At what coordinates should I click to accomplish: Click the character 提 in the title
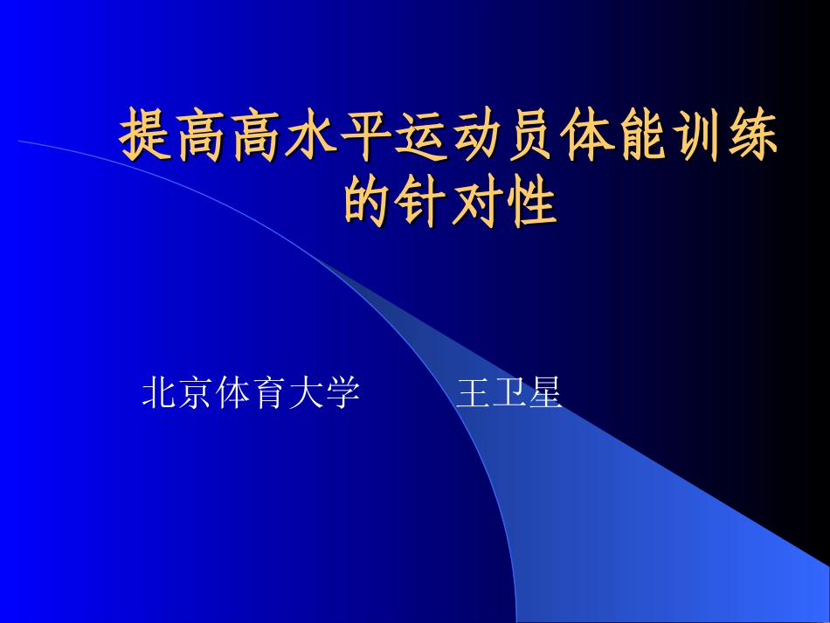pyautogui.click(x=146, y=135)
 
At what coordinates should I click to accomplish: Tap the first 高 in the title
pyautogui.click(x=201, y=135)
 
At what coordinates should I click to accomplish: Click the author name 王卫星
pyautogui.click(x=508, y=393)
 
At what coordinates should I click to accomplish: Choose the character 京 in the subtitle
pyautogui.click(x=197, y=393)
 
